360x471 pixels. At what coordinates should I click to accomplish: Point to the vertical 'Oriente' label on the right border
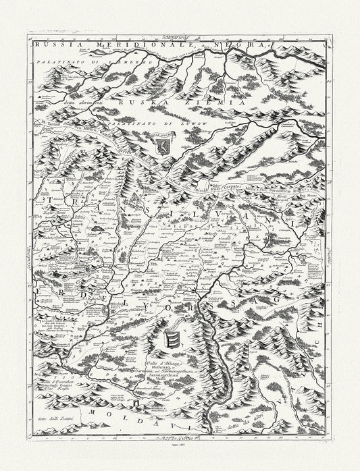tap(331, 253)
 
